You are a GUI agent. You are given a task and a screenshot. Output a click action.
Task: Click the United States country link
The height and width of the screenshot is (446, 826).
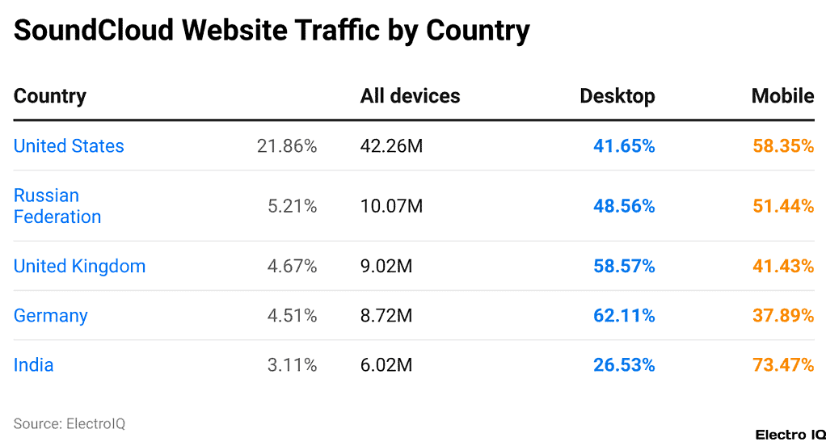pyautogui.click(x=69, y=146)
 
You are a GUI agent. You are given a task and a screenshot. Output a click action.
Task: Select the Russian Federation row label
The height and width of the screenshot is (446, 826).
pyautogui.click(x=57, y=206)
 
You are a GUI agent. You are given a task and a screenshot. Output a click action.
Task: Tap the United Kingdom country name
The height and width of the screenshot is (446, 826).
pyautogui.click(x=79, y=267)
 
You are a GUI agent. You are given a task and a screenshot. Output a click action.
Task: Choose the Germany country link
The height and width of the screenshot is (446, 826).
pyautogui.click(x=50, y=316)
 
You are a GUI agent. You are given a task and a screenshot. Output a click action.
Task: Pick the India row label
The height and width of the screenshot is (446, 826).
pyautogui.click(x=33, y=365)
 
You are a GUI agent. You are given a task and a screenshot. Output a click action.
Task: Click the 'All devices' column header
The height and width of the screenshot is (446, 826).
pyautogui.click(x=410, y=96)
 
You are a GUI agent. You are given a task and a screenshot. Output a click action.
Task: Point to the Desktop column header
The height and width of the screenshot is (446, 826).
pyautogui.click(x=617, y=96)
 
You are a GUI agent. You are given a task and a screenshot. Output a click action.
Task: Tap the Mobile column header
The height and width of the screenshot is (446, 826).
pyautogui.click(x=782, y=96)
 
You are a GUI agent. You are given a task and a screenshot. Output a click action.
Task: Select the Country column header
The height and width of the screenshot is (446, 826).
pyautogui.click(x=49, y=96)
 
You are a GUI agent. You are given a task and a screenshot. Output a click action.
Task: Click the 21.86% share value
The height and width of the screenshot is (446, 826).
pyautogui.click(x=287, y=146)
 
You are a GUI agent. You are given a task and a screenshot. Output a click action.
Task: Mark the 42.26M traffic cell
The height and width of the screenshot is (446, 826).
pyautogui.click(x=391, y=146)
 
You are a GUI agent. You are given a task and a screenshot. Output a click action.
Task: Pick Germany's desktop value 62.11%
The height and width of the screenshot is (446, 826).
pyautogui.click(x=624, y=316)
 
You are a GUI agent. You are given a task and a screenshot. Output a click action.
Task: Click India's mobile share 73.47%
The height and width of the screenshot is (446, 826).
pyautogui.click(x=782, y=365)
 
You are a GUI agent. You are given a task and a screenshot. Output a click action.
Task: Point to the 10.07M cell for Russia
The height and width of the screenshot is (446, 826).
pyautogui.click(x=391, y=206)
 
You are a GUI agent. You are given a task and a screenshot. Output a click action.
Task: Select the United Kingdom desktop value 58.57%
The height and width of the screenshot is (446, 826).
pyautogui.click(x=624, y=267)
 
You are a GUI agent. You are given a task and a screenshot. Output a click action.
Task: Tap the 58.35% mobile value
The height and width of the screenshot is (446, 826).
pyautogui.click(x=782, y=146)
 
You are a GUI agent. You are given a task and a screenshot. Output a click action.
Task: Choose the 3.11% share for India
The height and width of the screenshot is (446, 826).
pyautogui.click(x=292, y=365)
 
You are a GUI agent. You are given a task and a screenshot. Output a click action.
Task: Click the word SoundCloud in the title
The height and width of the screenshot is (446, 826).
pyautogui.click(x=94, y=31)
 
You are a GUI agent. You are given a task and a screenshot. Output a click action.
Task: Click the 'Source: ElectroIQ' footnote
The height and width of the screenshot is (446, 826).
pyautogui.click(x=70, y=423)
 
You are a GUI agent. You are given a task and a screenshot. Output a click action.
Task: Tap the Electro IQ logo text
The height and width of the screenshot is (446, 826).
pyautogui.click(x=790, y=435)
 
